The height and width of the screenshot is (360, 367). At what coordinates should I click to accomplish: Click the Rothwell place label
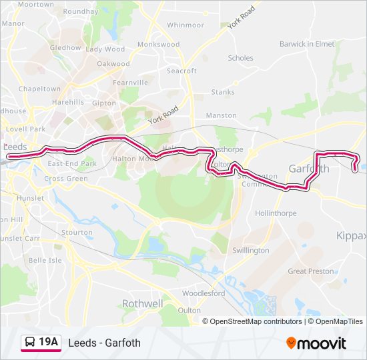[x=142, y=303]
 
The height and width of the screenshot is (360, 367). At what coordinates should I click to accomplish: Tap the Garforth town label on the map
[x=308, y=169]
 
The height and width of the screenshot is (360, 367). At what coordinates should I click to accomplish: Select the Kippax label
[x=352, y=236]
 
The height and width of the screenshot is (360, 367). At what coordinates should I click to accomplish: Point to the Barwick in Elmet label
[x=307, y=44]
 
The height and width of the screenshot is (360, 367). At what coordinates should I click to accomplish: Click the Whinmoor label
[x=186, y=25]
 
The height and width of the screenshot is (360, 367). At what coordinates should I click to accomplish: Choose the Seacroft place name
[x=181, y=71]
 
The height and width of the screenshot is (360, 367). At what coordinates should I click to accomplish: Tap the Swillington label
[x=250, y=251]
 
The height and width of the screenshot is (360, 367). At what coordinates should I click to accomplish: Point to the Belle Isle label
[x=45, y=260]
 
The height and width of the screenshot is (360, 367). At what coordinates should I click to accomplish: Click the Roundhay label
[x=81, y=12]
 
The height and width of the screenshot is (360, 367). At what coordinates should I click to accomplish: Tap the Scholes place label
[x=241, y=58]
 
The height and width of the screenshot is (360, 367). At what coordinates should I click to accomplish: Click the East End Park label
[x=72, y=163]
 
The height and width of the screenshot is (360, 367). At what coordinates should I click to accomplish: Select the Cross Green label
[x=66, y=179]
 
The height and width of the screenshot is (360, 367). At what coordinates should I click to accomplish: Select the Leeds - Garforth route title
[x=104, y=343]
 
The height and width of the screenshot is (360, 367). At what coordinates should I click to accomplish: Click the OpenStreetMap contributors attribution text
[x=256, y=321]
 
